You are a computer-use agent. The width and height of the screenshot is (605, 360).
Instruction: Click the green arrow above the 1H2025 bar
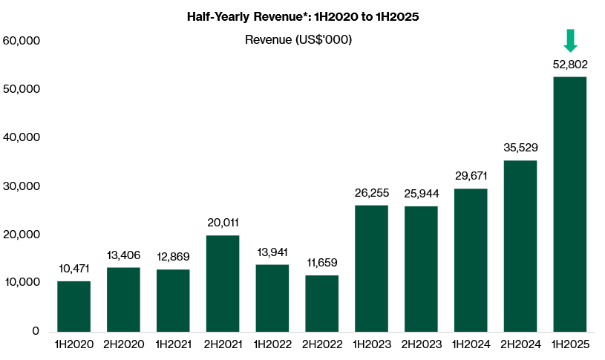point(570,40)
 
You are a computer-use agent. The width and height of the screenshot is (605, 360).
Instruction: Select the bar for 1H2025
point(570,204)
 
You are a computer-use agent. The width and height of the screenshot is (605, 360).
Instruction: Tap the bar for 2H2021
point(223,283)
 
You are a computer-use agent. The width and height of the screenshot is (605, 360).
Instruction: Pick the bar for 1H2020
point(73,306)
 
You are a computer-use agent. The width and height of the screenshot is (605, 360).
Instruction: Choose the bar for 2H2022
point(322,303)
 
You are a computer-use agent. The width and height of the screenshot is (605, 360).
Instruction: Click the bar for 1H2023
point(372,268)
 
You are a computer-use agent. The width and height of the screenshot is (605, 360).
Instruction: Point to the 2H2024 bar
point(520,246)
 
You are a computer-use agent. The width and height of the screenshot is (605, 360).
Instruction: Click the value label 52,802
point(570,65)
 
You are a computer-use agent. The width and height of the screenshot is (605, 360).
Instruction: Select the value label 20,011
point(223,223)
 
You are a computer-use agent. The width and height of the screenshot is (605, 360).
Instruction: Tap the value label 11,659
point(322,263)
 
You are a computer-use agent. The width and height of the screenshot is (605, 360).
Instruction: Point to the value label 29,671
point(471,176)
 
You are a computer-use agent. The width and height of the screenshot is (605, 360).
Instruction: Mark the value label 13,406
point(123,255)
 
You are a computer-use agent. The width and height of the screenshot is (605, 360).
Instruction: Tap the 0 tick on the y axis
point(35,331)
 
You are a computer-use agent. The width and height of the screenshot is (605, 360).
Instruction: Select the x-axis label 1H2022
point(272,345)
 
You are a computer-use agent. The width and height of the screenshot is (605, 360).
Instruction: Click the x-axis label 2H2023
point(421,345)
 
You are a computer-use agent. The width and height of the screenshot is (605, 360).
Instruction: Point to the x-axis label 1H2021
point(173,345)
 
